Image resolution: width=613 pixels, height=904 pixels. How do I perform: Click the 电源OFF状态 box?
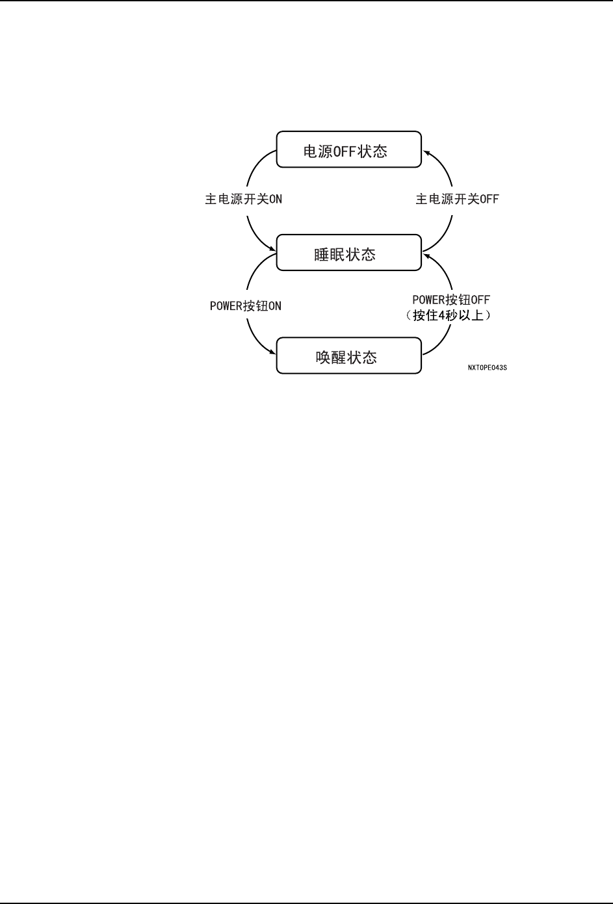(x=349, y=149)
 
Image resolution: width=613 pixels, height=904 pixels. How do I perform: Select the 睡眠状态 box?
(x=349, y=253)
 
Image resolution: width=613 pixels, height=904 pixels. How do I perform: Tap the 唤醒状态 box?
(x=349, y=356)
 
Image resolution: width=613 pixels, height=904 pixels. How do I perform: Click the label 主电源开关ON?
(x=244, y=200)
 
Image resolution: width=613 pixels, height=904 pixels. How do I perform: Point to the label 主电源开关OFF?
(x=457, y=200)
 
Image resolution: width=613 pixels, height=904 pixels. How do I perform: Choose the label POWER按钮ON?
(x=246, y=306)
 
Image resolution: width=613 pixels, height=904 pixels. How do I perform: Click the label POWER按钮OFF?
(x=451, y=300)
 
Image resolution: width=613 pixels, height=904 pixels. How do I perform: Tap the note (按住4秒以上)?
(x=451, y=316)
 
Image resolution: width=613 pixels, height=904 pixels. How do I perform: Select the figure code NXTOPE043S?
(x=487, y=368)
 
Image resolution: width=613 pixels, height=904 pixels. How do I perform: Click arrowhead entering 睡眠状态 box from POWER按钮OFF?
(x=426, y=257)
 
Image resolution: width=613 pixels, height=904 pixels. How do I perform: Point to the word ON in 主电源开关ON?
(x=276, y=200)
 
